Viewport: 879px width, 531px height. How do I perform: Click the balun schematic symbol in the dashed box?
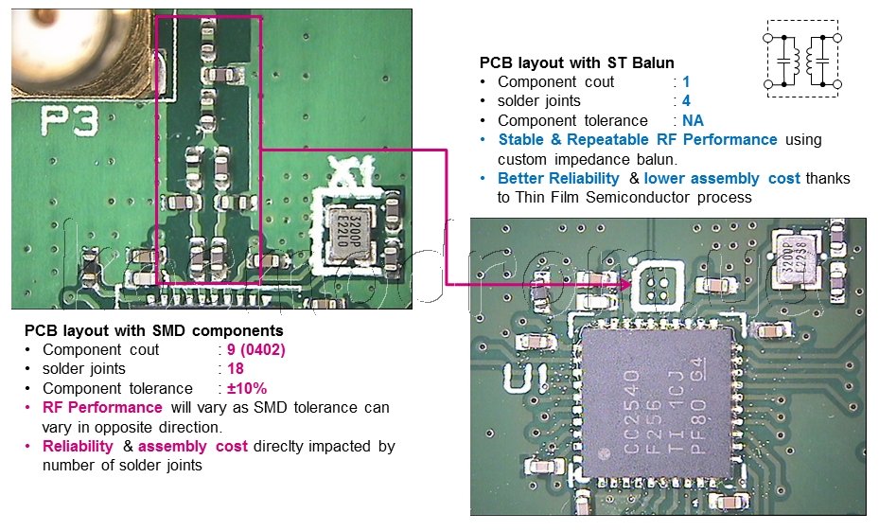[802, 59]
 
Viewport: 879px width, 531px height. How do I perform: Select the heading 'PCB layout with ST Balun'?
[576, 63]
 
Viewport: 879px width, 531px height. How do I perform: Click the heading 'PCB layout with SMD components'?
[153, 331]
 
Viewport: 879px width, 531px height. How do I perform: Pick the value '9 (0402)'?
[255, 350]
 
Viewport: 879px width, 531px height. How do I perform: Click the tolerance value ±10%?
[247, 388]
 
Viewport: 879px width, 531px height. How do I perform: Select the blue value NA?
[693, 120]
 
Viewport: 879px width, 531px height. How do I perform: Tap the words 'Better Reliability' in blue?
[558, 179]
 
